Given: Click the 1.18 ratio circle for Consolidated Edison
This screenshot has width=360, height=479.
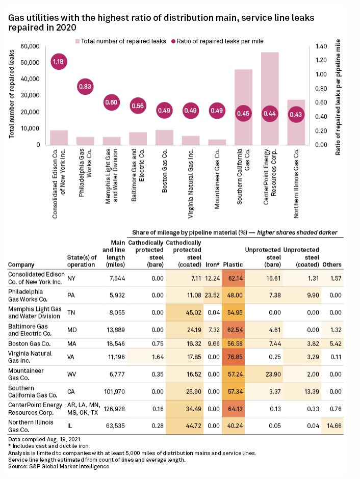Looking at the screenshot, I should click(59, 62).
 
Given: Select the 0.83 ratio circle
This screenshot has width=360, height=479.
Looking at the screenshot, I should click(85, 87).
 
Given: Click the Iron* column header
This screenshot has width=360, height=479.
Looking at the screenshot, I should click(212, 264).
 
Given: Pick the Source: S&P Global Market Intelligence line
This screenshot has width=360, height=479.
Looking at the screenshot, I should click(59, 466).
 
